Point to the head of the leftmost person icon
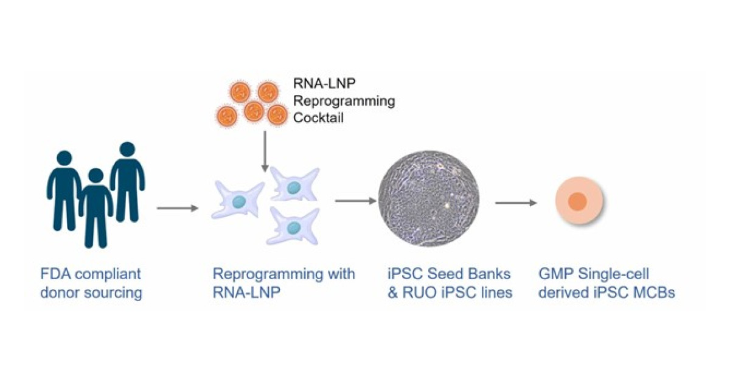(x=63, y=157)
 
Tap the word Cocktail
(x=318, y=118)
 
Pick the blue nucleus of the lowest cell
(x=294, y=227)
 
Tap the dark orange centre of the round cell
(x=577, y=201)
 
